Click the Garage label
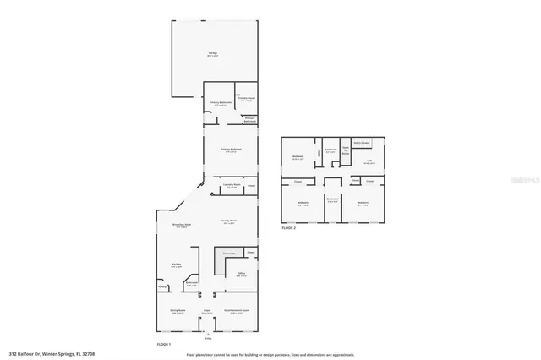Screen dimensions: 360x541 tap(212, 54)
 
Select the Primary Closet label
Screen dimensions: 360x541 tap(247, 98)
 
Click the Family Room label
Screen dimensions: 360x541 tap(228, 221)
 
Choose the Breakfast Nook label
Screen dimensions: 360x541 tap(179, 225)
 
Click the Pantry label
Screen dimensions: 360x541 tap(162, 286)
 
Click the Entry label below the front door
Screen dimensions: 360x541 tap(205, 337)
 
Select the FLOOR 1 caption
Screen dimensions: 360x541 tap(163, 345)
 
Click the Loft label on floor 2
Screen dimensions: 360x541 tap(369, 161)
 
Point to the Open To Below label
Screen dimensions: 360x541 tap(346, 149)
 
